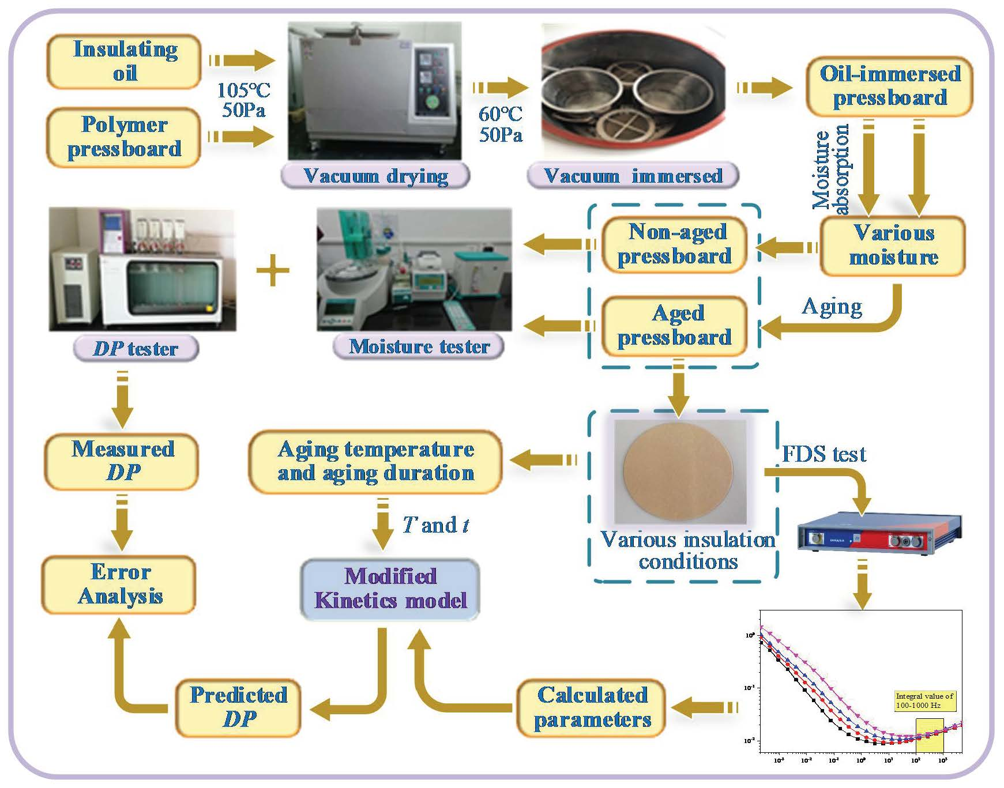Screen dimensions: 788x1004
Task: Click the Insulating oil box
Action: [124, 61]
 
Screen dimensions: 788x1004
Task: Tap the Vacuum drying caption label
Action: [375, 176]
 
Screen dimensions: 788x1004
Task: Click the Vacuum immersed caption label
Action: [633, 176]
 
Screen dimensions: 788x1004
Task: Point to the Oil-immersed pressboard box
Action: [889, 86]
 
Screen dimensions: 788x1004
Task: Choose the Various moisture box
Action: [893, 246]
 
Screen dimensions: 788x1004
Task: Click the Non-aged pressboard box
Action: [675, 244]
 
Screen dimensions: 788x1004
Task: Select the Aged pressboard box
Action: [675, 326]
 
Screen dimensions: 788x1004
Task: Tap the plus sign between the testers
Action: [272, 271]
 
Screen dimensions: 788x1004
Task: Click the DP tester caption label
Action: [136, 349]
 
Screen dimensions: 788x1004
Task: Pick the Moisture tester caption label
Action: [419, 346]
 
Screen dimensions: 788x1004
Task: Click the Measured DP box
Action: [122, 461]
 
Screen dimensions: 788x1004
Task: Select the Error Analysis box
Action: [119, 584]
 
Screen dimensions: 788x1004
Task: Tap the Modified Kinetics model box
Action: [390, 589]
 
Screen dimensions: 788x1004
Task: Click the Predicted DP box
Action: [238, 707]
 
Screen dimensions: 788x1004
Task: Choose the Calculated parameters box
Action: [592, 707]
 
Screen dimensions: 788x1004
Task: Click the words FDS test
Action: [823, 454]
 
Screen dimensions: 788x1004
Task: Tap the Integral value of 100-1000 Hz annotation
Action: [924, 700]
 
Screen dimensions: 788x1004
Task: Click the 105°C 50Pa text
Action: [243, 100]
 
